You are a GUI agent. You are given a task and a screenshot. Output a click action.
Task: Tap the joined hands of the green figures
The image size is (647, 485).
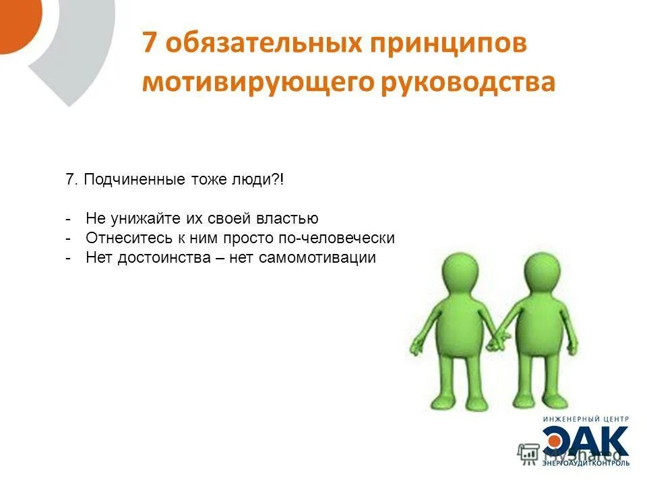(x=497, y=340)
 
